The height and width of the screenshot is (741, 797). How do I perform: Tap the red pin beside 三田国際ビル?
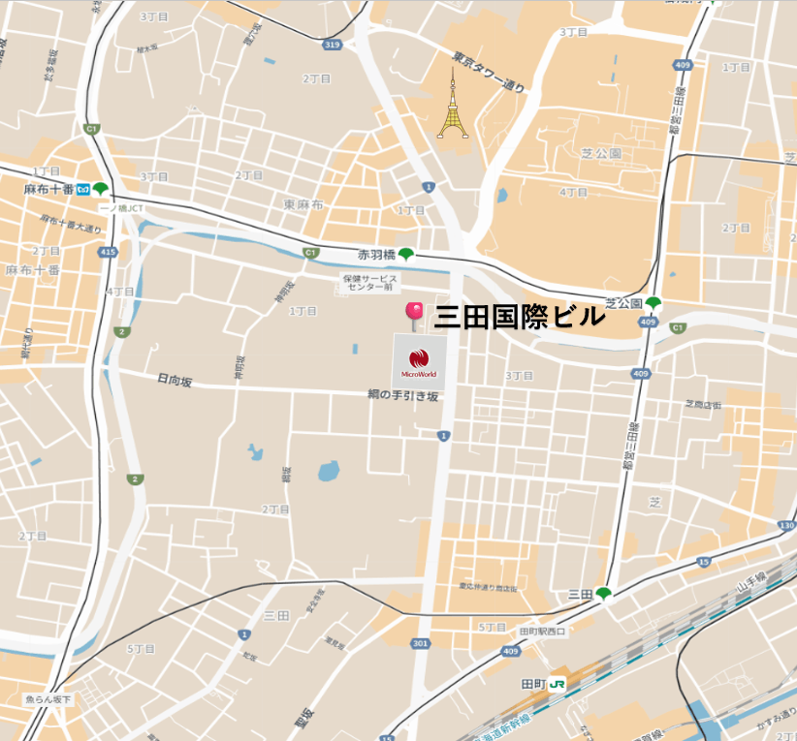(x=414, y=314)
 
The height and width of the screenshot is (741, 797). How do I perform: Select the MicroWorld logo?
(x=420, y=360)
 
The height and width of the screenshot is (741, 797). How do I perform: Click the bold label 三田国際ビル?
(x=520, y=317)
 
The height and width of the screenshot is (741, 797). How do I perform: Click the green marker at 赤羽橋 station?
(x=405, y=255)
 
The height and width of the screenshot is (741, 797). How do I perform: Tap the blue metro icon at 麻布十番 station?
(x=84, y=189)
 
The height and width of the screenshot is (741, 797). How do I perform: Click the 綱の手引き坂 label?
(x=403, y=395)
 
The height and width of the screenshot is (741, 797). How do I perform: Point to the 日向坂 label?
(x=175, y=382)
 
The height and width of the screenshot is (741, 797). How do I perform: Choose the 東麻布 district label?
(x=303, y=204)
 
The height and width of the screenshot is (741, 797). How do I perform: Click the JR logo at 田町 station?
(x=558, y=683)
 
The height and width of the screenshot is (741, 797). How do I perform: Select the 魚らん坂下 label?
(x=48, y=699)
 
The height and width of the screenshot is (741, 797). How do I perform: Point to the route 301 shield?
(x=420, y=643)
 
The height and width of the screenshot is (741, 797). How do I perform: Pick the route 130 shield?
(x=785, y=527)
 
